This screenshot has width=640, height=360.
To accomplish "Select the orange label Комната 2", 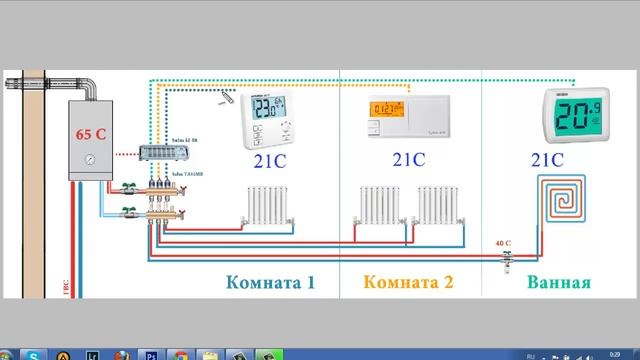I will [x=407, y=283].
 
